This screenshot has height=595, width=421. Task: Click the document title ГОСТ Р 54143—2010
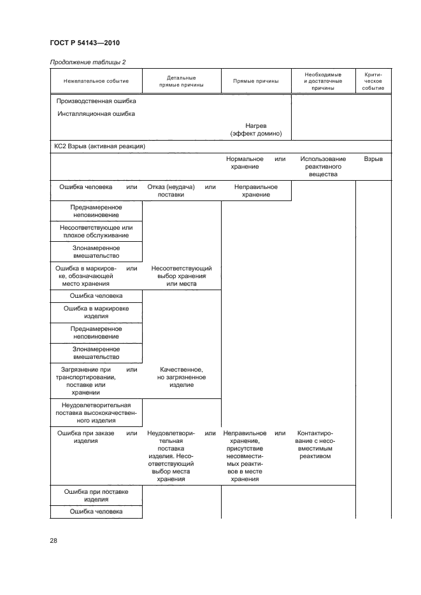click(84, 43)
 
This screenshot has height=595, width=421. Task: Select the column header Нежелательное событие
click(96, 81)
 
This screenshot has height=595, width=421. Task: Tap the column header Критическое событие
click(373, 81)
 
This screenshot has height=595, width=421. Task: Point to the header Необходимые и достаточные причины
click(323, 81)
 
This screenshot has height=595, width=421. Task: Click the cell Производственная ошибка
click(96, 101)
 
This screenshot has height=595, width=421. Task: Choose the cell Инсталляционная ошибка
click(96, 115)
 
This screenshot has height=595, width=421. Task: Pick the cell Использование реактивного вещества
click(323, 166)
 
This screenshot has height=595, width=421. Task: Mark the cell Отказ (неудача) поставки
click(166, 191)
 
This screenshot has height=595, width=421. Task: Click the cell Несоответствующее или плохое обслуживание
click(96, 232)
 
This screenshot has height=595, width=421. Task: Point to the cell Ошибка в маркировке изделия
click(96, 312)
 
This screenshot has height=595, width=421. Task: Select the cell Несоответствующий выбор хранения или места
click(181, 276)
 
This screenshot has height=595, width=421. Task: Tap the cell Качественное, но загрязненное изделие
click(181, 377)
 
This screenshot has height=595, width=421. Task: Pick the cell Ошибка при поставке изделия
click(96, 495)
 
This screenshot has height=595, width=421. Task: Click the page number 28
click(54, 540)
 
